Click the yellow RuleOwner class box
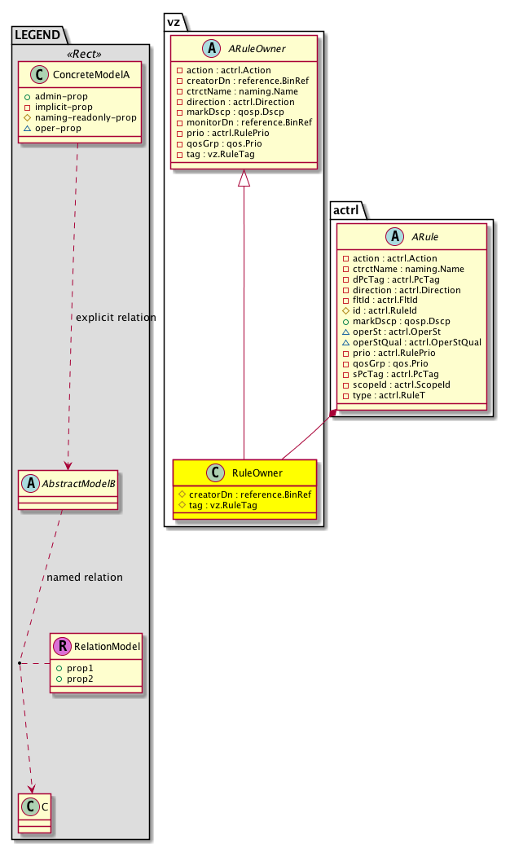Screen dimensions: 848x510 (244, 489)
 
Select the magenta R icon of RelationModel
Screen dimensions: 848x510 (62, 647)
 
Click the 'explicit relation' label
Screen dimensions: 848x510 (115, 317)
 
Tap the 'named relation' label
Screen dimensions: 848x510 (85, 578)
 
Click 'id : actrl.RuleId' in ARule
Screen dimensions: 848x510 (381, 310)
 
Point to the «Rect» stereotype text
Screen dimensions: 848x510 (81, 54)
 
